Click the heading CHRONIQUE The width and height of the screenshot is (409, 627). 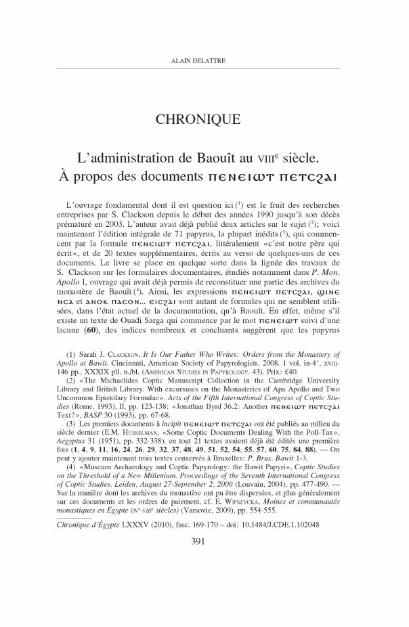point(204,121)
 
